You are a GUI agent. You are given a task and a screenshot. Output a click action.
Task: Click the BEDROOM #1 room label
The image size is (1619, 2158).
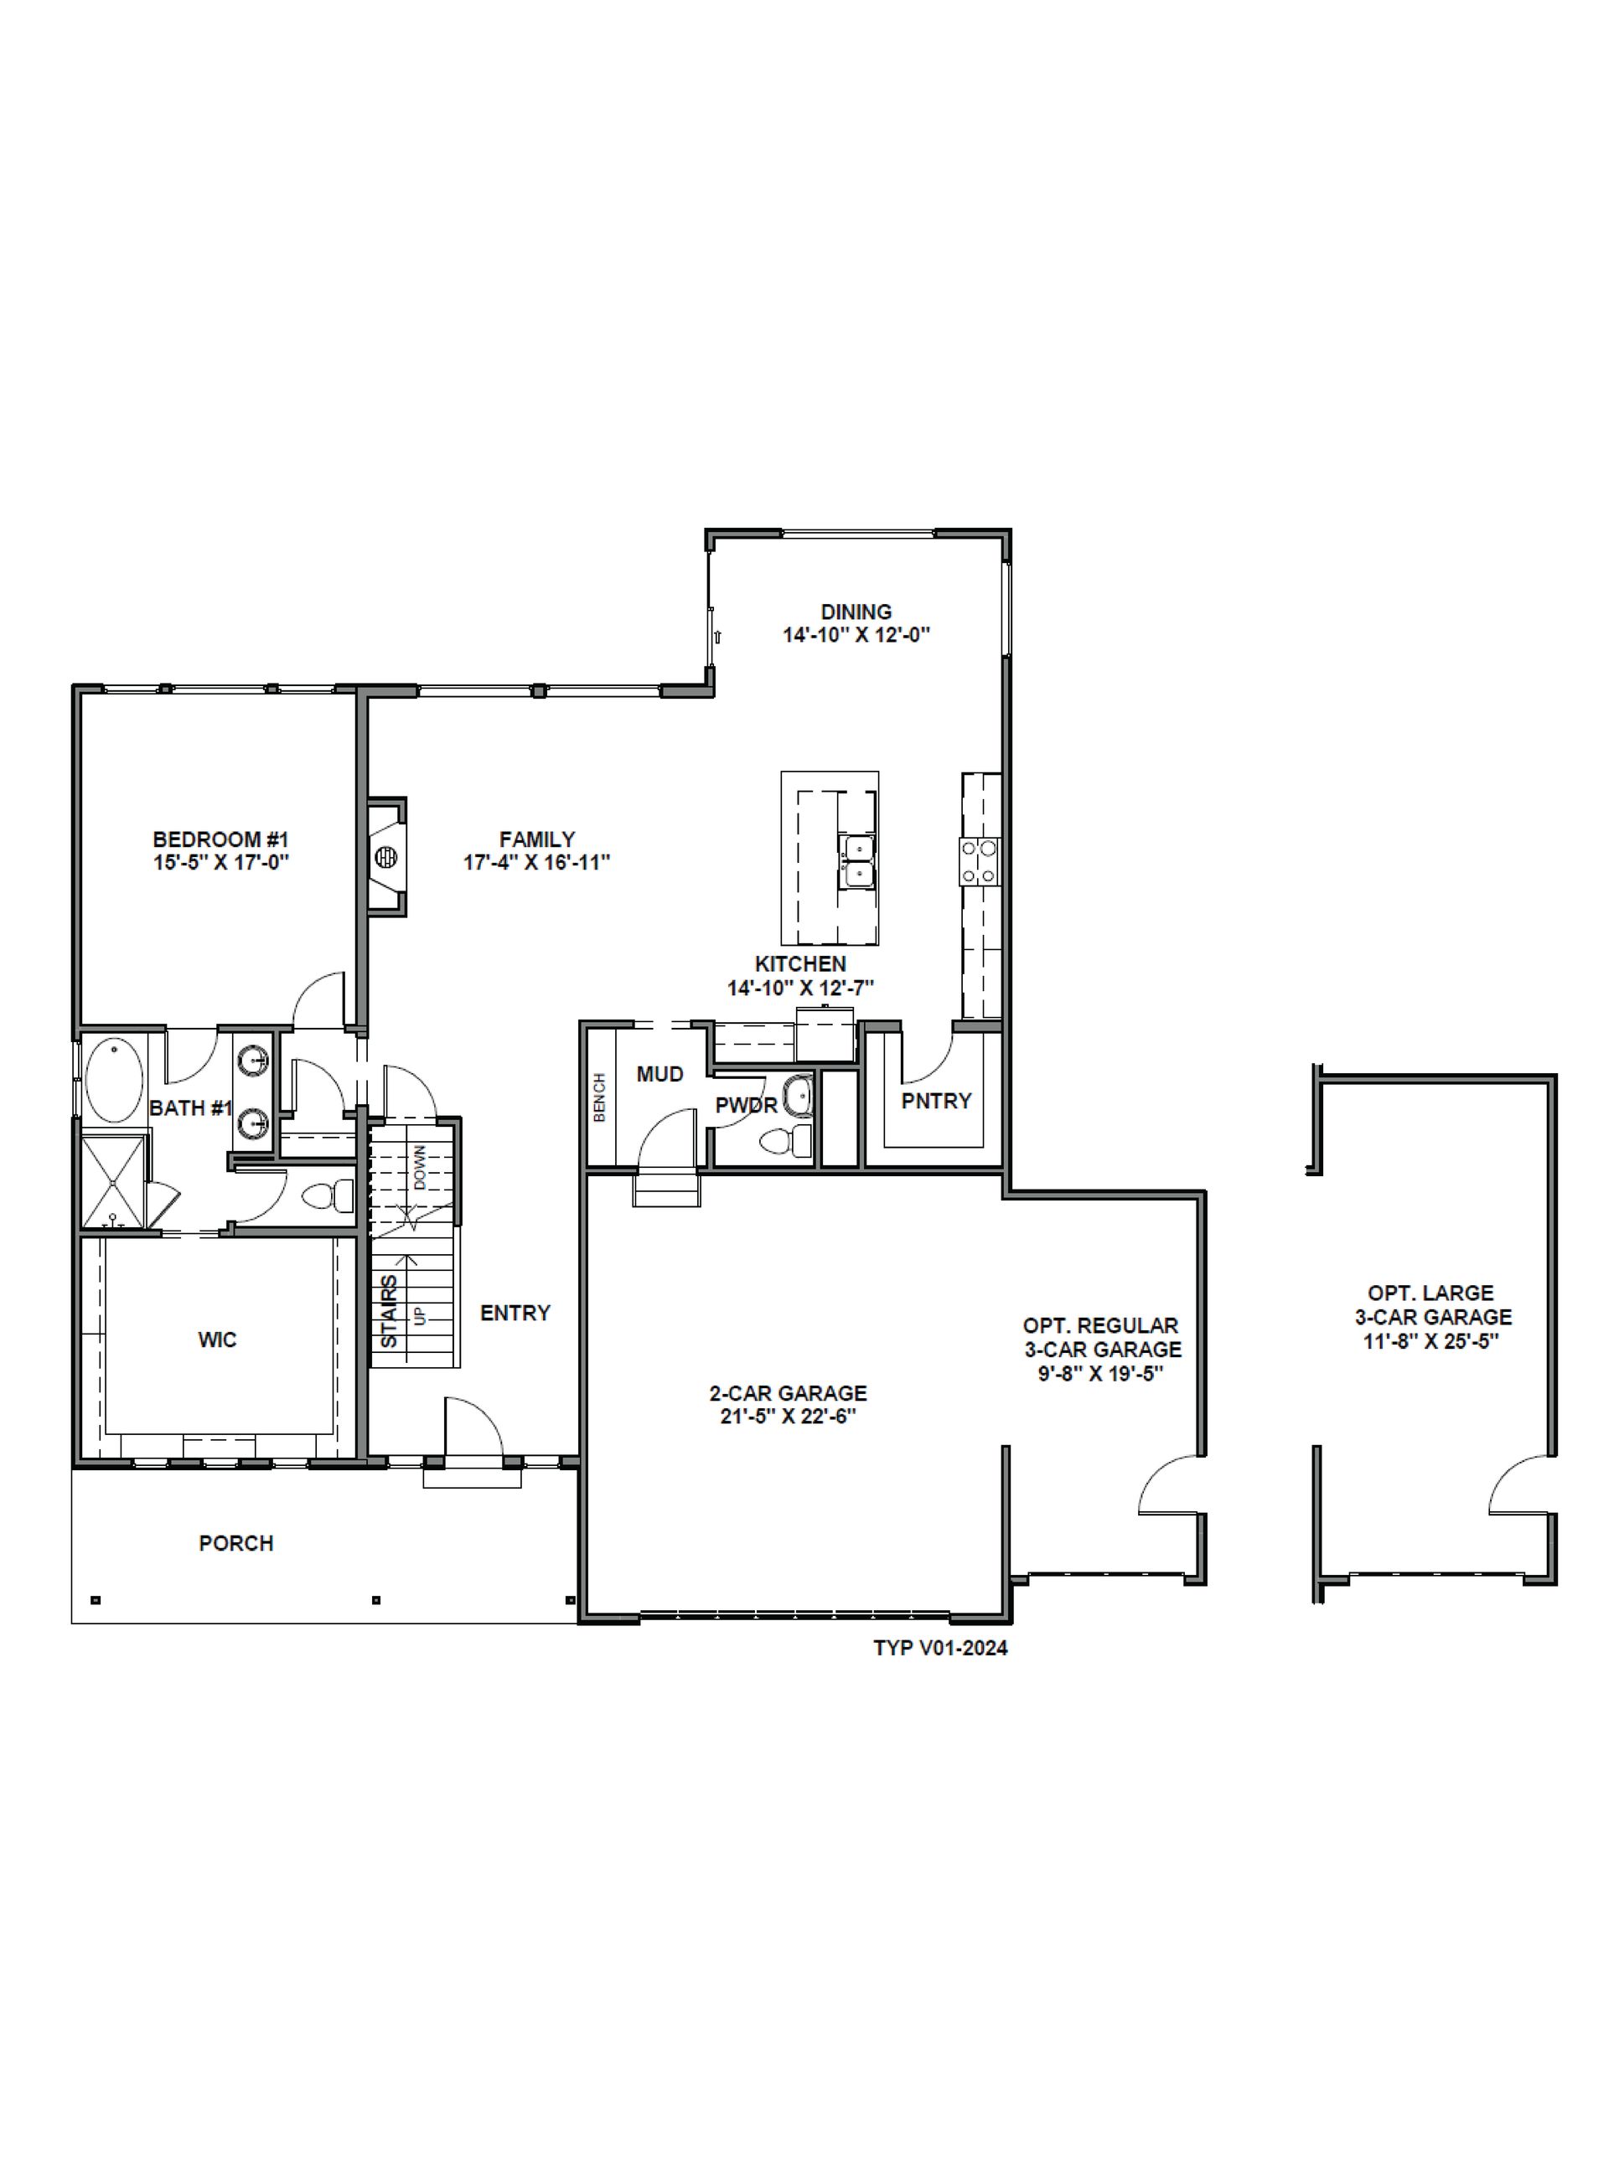[x=220, y=839]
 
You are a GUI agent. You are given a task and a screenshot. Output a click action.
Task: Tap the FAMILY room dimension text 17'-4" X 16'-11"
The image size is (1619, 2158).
[x=537, y=862]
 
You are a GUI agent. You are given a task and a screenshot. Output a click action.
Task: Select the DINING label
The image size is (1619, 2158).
[x=856, y=612]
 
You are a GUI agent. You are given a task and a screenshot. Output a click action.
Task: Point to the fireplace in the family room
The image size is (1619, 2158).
[x=386, y=856]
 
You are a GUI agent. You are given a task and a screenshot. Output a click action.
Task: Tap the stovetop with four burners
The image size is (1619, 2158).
[x=980, y=861]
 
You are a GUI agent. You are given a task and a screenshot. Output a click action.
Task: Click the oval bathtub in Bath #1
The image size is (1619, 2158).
[x=114, y=1082]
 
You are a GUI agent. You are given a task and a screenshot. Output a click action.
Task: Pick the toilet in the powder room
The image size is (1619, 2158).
[x=785, y=1139]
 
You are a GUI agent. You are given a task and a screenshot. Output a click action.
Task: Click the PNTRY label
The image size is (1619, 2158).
[x=936, y=1101]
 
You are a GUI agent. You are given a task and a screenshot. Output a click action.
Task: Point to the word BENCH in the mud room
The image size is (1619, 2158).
[x=599, y=1097]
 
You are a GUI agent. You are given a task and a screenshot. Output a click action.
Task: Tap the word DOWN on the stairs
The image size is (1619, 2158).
[x=420, y=1167]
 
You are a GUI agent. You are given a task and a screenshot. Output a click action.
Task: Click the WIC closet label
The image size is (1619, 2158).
[x=217, y=1340]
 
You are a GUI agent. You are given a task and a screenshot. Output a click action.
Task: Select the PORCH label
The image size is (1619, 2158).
[x=236, y=1543]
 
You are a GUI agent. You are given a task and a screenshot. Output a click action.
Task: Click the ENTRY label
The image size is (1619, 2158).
[x=515, y=1313]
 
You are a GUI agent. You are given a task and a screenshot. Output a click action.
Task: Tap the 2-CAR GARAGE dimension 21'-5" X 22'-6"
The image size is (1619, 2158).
[x=788, y=1417]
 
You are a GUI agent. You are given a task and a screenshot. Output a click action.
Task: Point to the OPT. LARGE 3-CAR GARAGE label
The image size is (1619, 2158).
[x=1431, y=1304]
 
